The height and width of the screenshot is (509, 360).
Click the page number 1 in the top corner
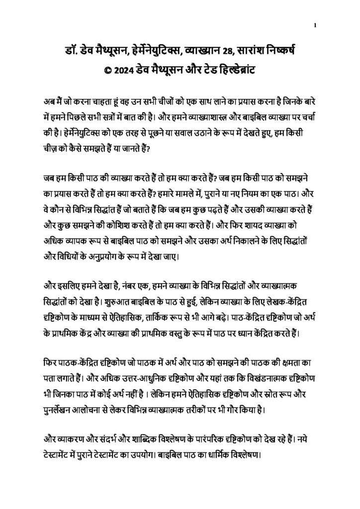point(316,26)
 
